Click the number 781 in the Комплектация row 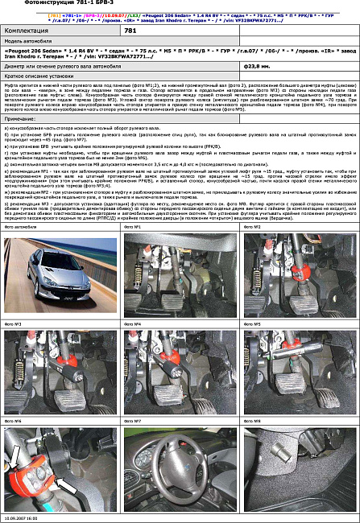(130, 30)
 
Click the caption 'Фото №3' (13, 323)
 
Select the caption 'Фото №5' (252, 323)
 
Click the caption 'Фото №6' (13, 421)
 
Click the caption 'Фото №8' (252, 421)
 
